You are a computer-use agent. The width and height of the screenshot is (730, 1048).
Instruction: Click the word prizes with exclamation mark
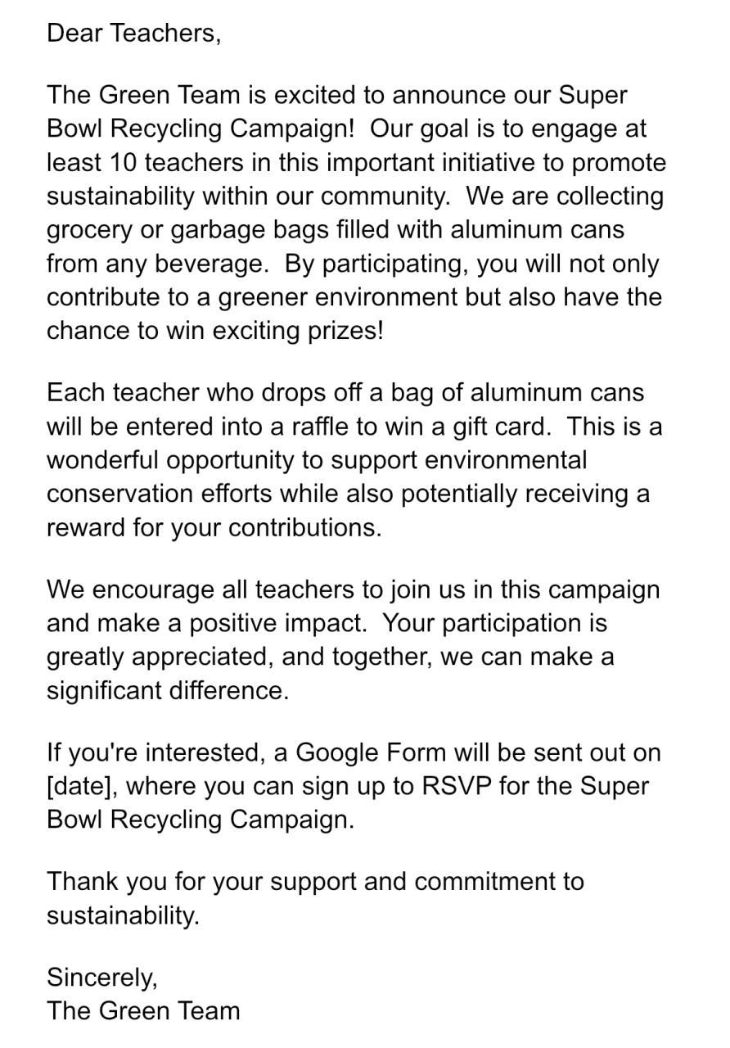343,331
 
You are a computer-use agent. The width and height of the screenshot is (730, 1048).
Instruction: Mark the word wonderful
103,460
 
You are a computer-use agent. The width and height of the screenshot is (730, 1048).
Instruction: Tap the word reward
86,527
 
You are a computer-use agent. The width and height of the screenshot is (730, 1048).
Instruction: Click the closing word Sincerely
101,977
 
